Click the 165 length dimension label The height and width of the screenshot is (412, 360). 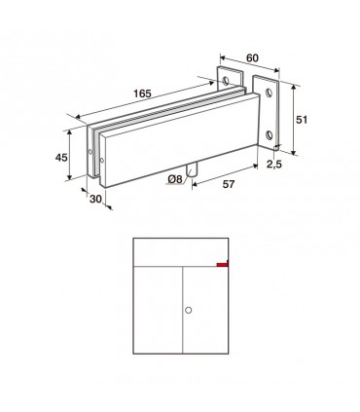click(142, 94)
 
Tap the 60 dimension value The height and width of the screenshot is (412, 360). click(252, 58)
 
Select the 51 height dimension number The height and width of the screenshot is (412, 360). click(302, 120)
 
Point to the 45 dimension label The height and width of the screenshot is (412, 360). click(61, 158)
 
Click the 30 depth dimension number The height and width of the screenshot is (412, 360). click(95, 199)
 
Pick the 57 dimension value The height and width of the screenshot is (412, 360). click(229, 184)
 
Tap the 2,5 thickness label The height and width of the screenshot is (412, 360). click(274, 165)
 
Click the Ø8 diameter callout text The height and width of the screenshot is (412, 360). click(175, 179)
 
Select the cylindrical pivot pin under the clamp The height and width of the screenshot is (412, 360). click(192, 170)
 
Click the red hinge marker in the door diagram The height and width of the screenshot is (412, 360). click(223, 264)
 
